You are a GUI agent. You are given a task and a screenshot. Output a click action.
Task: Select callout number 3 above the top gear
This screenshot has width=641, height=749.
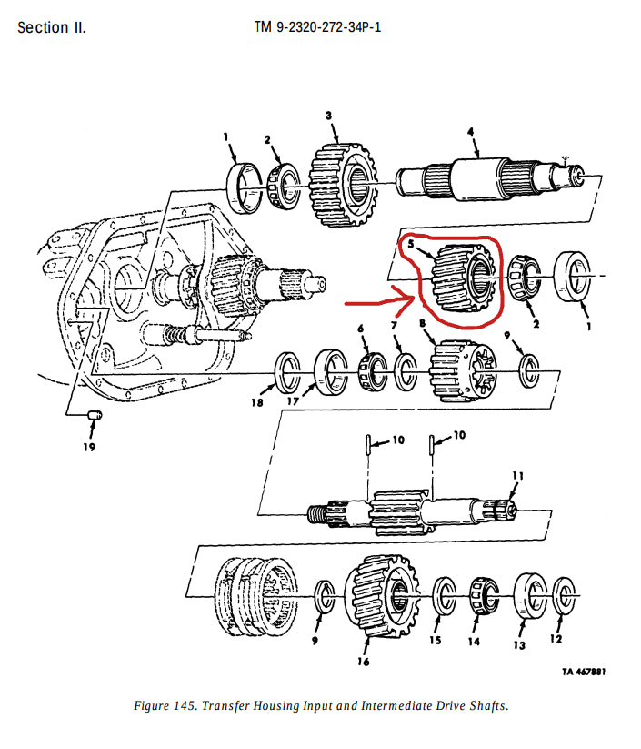(x=328, y=115)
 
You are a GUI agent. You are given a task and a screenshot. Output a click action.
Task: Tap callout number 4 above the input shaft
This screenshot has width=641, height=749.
(x=471, y=132)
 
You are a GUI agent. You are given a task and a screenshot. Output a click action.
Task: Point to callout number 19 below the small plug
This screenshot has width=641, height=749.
(x=89, y=446)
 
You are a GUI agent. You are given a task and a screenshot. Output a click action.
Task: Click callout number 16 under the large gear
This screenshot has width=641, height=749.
(x=363, y=662)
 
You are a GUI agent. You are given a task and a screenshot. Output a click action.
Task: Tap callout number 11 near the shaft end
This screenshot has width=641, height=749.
(x=517, y=475)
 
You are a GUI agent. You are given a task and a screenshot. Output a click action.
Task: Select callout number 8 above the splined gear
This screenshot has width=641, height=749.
(x=422, y=323)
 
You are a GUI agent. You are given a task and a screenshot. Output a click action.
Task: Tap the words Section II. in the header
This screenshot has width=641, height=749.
(x=52, y=27)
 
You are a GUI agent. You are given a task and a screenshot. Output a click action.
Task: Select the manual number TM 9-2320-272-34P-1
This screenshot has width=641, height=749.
(x=317, y=27)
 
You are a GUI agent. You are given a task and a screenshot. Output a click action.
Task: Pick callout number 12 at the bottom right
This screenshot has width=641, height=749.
(x=556, y=639)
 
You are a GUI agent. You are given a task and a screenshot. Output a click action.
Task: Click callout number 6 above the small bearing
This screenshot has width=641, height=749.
(x=360, y=328)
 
